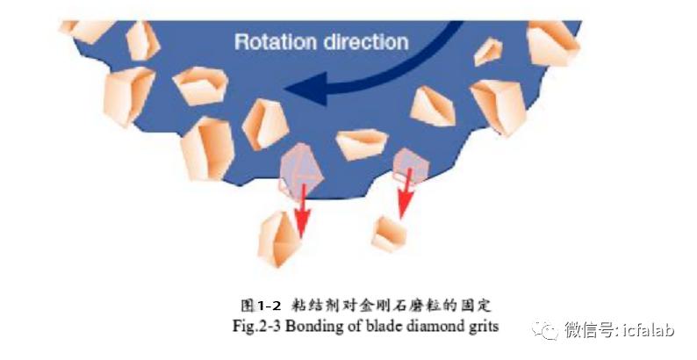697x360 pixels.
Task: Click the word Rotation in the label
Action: (x=276, y=42)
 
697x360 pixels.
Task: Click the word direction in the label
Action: (x=366, y=42)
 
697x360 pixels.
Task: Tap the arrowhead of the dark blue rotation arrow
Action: (x=306, y=89)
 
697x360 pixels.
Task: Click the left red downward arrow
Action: (x=302, y=211)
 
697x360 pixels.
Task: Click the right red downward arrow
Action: (x=405, y=193)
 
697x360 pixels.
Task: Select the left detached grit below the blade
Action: (x=277, y=239)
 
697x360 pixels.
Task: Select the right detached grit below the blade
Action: (x=390, y=234)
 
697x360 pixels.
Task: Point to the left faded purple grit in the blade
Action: (x=300, y=171)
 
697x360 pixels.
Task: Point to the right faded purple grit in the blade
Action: (x=411, y=166)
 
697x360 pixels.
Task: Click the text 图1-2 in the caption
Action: (x=261, y=306)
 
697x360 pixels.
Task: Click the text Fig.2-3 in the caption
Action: (x=256, y=327)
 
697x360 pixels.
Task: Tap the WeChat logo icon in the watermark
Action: (x=545, y=330)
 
